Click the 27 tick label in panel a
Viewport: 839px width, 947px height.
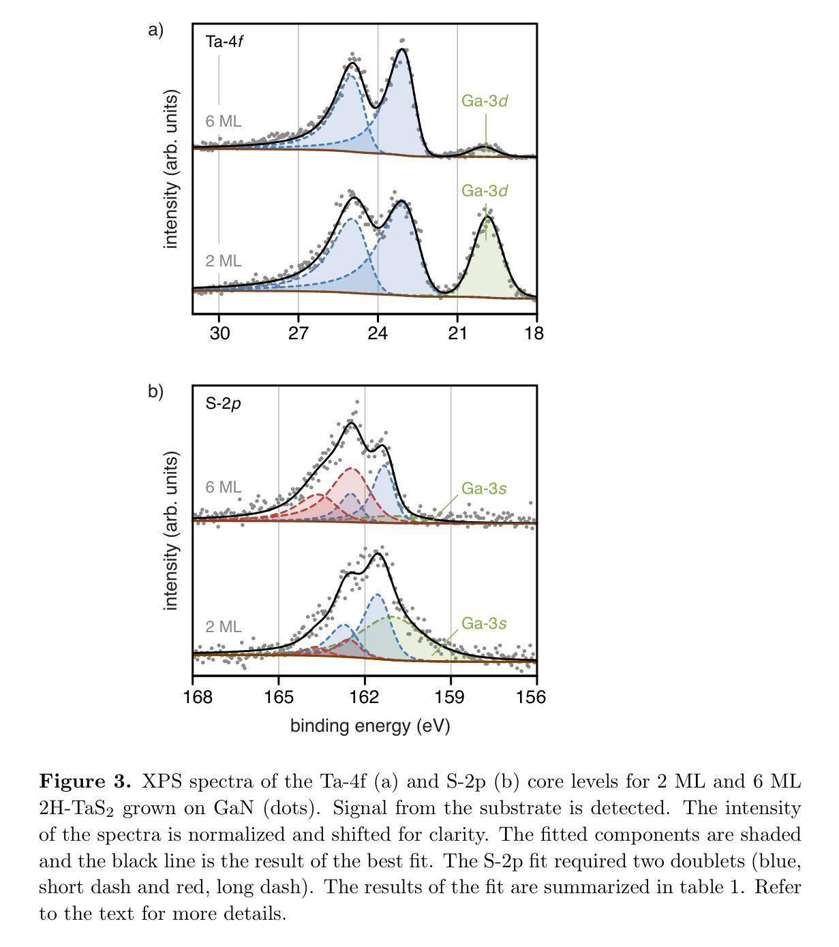pos(298,333)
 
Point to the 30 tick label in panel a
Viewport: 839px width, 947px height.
pos(219,333)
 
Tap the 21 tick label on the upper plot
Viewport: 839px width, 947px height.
pos(457,333)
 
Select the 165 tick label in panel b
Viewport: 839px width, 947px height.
pos(278,697)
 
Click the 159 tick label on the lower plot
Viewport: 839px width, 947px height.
pos(451,697)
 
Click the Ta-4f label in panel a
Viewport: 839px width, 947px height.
pos(224,42)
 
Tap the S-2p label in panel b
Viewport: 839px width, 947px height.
pos(224,404)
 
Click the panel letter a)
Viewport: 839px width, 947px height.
pos(155,30)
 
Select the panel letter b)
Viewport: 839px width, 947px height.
pos(155,392)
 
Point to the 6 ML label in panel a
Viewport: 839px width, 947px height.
pos(224,122)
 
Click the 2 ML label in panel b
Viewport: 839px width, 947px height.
pos(224,627)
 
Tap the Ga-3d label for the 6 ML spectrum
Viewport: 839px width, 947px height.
pos(485,102)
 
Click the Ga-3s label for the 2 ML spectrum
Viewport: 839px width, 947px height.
pos(484,624)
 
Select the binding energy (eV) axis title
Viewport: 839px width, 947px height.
pos(370,726)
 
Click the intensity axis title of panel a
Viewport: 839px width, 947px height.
pos(171,170)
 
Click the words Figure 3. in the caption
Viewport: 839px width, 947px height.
pos(85,781)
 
